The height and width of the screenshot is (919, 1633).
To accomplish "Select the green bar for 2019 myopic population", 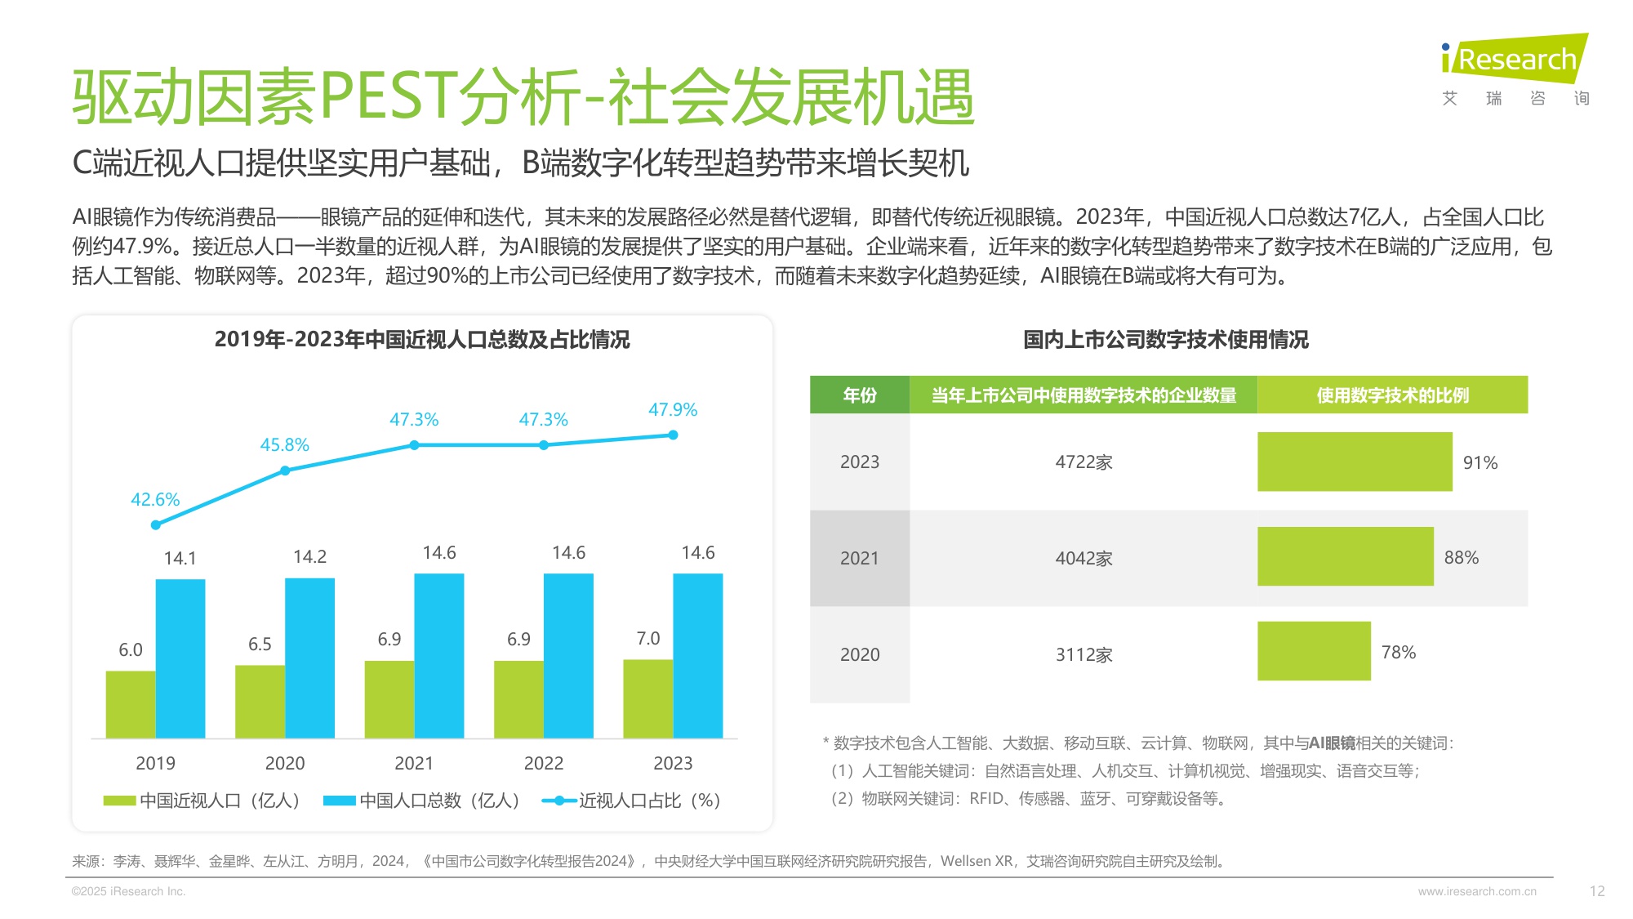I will pos(131,704).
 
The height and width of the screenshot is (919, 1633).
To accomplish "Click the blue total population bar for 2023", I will pos(697,655).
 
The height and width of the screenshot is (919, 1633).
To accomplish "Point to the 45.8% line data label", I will pos(284,445).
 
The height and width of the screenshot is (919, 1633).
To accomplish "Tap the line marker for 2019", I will pos(156,525).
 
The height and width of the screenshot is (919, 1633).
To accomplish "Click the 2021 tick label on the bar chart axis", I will pos(414,763).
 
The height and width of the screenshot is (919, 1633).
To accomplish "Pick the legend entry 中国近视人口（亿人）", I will pos(202,801).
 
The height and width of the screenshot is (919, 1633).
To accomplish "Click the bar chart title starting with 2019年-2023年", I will pos(422,340).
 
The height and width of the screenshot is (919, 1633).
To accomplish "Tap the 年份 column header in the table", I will pos(859,395).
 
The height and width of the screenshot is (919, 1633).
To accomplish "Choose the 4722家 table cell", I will pos(1083,462).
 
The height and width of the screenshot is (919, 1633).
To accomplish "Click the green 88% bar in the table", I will pos(1345,556).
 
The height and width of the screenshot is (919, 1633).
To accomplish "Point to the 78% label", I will pos(1398,652).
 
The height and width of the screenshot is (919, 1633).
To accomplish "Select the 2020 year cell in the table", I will pos(859,654).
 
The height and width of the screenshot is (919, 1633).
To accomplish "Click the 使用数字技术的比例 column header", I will pos(1392,395).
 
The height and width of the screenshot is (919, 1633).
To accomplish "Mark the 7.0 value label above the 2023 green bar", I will pos(647,638).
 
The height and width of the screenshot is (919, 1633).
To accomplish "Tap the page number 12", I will pos(1597,891).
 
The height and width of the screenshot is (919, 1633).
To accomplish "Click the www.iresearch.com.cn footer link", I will pos(1476,891).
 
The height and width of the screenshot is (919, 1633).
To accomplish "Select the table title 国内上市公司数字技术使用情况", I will pos(1165,340).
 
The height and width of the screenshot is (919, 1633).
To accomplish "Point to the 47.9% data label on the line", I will pos(672,410).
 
